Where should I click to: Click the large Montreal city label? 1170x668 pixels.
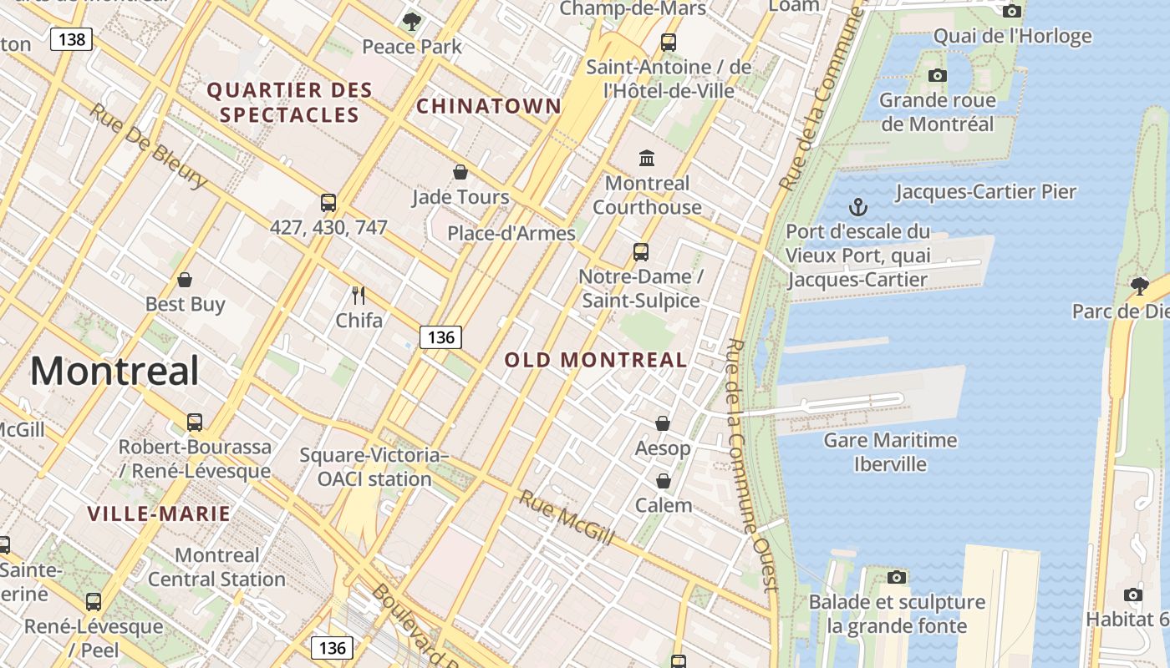coord(114,372)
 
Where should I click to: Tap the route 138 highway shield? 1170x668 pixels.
coord(71,39)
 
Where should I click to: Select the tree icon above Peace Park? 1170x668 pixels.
coord(411,21)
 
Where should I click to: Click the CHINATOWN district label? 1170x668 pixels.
coord(489,106)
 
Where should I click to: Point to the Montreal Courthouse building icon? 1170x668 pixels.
coord(647,158)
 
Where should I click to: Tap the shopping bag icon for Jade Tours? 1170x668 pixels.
coord(460,172)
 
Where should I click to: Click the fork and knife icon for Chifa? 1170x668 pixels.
coord(359,295)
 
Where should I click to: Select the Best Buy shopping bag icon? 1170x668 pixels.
coord(185,280)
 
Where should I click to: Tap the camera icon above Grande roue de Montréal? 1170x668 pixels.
coord(938,75)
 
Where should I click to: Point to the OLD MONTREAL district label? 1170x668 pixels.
coord(596,360)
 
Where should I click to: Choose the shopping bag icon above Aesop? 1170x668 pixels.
coord(663,423)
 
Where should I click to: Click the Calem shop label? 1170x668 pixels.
coord(664,505)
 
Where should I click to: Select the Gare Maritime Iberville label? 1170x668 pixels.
coord(891,452)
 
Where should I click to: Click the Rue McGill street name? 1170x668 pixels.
coord(567,518)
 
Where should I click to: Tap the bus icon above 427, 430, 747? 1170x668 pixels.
coord(328,202)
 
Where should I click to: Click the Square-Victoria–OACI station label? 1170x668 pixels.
coord(374,467)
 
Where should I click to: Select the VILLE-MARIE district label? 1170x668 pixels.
coord(159,514)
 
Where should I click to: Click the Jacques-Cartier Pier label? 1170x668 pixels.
coord(986,192)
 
